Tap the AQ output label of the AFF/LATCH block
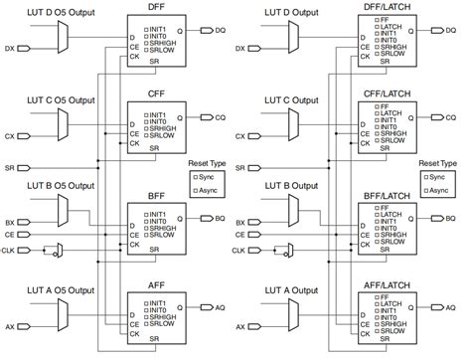click(x=450, y=307)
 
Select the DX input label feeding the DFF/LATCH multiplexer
click(x=242, y=48)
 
